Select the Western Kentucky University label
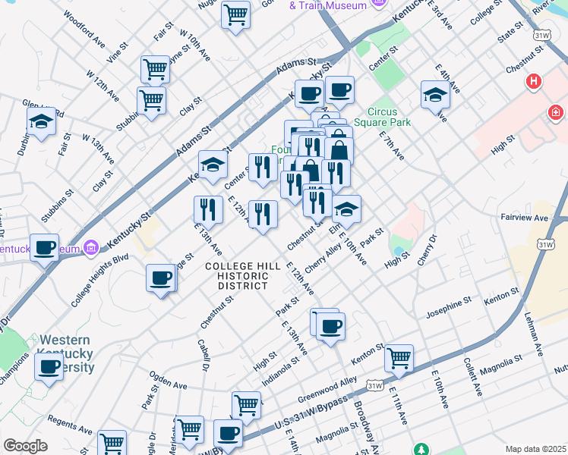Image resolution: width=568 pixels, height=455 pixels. click(67, 354)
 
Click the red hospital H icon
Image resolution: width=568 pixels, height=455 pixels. click(534, 80)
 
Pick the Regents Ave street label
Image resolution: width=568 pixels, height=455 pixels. click(70, 419)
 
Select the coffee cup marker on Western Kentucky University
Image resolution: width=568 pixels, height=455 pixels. click(49, 367)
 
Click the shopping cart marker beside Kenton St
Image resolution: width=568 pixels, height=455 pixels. click(399, 357)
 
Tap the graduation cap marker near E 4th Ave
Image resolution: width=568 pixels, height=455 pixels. click(436, 95)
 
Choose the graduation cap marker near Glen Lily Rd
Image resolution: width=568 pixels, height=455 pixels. click(42, 121)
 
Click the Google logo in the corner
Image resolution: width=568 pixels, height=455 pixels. click(25, 446)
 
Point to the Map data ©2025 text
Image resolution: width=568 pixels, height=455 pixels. click(535, 449)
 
